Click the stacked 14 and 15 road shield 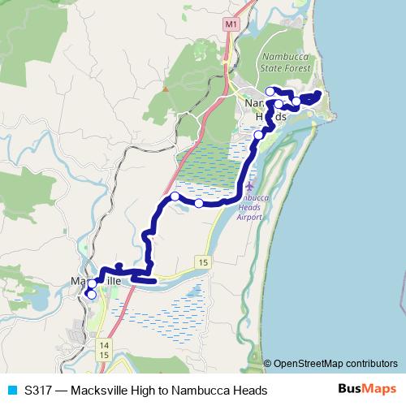103,350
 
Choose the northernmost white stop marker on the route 270,91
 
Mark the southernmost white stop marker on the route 92,295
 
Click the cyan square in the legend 11,391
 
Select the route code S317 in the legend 40,391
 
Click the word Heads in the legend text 248,391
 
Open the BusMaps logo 366,389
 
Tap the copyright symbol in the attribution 268,363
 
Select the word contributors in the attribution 373,363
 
